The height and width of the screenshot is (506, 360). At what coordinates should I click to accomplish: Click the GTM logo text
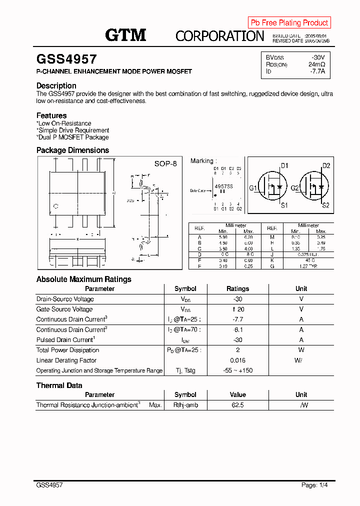pos(125,35)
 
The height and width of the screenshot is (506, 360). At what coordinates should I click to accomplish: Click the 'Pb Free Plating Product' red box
pos(289,22)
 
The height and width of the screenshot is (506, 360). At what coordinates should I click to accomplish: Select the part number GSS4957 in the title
pos(66,59)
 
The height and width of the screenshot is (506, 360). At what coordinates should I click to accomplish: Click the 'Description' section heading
pos(56,85)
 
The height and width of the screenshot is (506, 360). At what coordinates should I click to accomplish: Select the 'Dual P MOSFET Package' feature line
pos(72,137)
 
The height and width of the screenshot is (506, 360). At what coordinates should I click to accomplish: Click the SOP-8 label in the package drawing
pos(165,163)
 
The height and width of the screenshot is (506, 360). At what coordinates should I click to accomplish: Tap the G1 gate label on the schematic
pos(252,188)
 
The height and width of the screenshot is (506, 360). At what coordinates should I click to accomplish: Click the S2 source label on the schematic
pos(325,205)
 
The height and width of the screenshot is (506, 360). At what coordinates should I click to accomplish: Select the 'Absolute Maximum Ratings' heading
pos(84,279)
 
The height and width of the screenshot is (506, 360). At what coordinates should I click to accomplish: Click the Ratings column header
pos(237,288)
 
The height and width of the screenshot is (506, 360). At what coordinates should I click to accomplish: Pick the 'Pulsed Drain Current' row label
pos(65,340)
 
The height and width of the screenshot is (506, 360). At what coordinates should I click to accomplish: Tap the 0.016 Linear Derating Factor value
pos(237,360)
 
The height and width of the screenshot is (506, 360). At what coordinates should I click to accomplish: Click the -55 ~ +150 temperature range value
pos(237,370)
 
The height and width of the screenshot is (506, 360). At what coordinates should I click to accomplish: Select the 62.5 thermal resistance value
pos(237,405)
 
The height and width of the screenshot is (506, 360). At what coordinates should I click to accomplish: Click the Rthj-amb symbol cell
pos(185,405)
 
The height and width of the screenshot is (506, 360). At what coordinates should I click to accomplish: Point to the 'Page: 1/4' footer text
pos(314,485)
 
